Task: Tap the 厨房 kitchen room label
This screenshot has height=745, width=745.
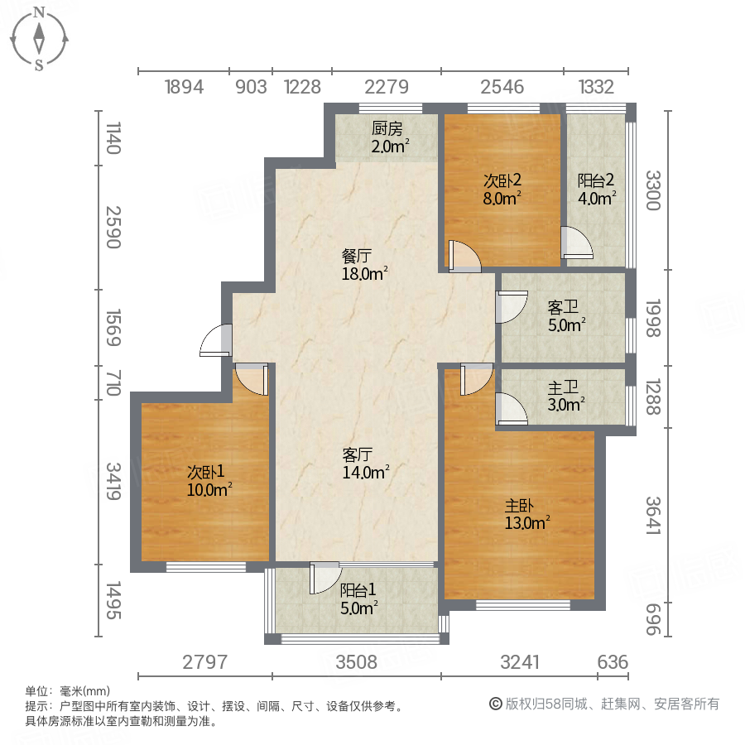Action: pos(387,137)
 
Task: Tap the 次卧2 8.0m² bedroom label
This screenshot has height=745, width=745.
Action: pos(502,189)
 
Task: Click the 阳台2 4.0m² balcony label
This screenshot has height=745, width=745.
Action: pos(596,189)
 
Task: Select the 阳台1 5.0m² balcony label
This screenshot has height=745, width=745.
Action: pos(358,598)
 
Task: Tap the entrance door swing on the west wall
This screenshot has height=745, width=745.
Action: pos(217,341)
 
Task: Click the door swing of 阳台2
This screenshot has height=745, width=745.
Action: pos(577,243)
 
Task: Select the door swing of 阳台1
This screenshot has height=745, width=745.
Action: pos(324,578)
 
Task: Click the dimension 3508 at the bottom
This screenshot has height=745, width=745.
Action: pos(357,662)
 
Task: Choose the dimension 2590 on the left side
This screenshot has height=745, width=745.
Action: pos(113,228)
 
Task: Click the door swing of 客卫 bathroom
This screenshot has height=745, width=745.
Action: pos(512,307)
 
